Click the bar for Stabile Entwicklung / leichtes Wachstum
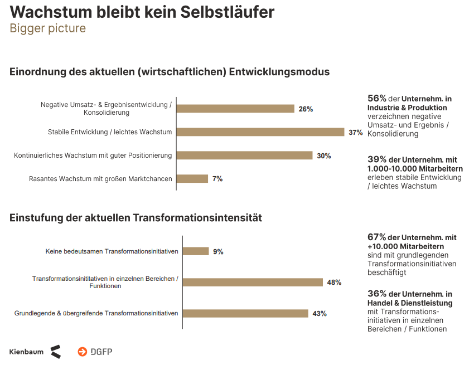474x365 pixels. (263, 132)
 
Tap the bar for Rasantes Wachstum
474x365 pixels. (192, 179)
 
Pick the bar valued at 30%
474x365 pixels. (248, 155)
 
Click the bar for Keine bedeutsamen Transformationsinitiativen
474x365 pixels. (196, 251)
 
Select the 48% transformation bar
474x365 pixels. (253, 282)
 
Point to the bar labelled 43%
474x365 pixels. (245, 313)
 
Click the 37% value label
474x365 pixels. (356, 133)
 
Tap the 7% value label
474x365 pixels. (217, 179)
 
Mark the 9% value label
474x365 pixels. (218, 252)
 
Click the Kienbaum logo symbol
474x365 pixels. (55, 352)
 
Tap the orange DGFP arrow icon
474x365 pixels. (83, 352)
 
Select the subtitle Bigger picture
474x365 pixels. (47, 28)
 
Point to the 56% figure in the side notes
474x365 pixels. (376, 98)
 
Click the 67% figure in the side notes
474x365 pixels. (376, 237)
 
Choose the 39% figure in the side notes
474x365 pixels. (376, 159)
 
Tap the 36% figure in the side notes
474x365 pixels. (376, 294)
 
